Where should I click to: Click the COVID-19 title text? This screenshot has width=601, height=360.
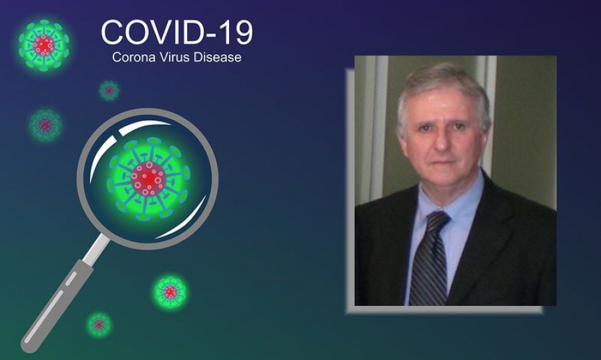tap(177, 32)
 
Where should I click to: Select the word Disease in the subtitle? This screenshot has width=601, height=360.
tap(217, 57)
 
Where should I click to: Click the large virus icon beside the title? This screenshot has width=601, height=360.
tap(43, 45)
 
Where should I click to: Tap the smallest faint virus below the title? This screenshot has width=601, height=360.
tap(110, 91)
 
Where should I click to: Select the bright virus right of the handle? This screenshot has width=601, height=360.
tap(170, 292)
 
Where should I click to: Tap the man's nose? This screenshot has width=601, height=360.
tap(441, 141)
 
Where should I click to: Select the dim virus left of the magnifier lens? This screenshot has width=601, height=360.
tap(45, 125)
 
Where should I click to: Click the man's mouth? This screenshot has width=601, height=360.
tap(443, 162)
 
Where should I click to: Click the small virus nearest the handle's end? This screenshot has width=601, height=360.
tap(99, 325)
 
